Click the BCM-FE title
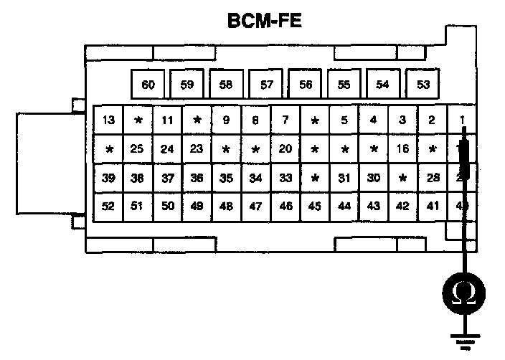coord(263,21)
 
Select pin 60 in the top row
coord(148,85)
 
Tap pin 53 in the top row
coord(423,85)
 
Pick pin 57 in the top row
coord(267,85)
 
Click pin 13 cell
coord(108,120)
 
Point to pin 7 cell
coord(285,120)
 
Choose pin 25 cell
coord(138,149)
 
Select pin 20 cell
coord(285,149)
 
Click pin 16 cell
coord(402,149)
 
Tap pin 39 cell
coord(108,178)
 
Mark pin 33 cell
coord(285,178)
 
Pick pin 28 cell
coord(432,178)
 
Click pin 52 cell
coord(108,207)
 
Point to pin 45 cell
coord(314,207)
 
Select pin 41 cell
coord(432,207)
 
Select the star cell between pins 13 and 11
coord(138,120)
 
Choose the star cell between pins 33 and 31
coord(314,178)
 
